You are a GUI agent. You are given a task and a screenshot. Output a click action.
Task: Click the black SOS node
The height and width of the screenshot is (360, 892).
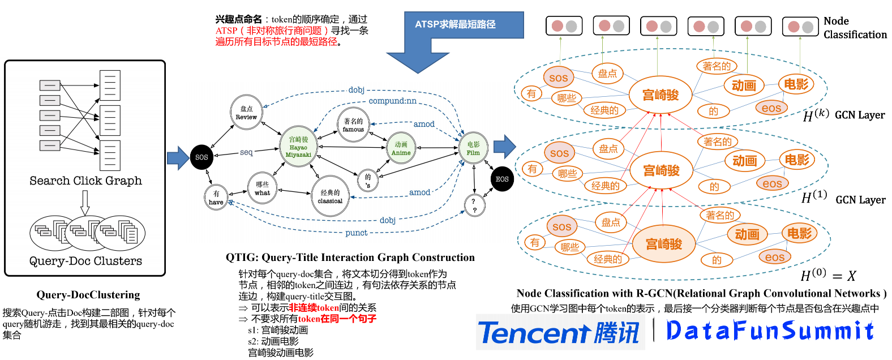201,157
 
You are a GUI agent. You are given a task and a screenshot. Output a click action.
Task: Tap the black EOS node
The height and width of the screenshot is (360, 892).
502,179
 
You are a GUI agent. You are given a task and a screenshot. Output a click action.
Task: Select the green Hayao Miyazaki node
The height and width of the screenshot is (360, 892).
298,147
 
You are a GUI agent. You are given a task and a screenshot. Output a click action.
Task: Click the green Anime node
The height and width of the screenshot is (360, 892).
401,148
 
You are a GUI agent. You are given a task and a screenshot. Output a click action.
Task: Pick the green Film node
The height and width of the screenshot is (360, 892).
473,148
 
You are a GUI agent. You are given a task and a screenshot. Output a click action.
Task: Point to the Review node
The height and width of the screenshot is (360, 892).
246,112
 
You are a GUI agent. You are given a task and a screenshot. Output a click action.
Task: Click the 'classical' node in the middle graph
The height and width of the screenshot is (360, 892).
330,196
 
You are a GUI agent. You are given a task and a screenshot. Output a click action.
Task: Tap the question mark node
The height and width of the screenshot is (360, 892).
474,205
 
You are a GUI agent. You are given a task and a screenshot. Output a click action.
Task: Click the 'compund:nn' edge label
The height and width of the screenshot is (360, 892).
392,101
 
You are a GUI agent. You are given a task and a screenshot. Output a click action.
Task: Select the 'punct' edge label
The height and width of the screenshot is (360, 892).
356,233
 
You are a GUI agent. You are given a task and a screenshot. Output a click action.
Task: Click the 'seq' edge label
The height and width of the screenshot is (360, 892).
246,152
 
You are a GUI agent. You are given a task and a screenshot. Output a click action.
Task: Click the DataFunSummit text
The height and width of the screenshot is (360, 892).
770,331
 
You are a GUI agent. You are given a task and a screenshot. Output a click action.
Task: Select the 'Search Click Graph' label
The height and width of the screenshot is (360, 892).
85,181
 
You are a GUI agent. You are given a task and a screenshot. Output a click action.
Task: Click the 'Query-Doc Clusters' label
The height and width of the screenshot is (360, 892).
85,261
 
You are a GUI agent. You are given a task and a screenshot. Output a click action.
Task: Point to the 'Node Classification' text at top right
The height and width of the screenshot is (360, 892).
854,28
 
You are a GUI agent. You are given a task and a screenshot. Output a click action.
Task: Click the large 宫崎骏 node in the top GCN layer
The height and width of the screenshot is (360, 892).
660,95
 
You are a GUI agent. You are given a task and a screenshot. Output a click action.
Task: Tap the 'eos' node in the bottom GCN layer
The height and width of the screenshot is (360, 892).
774,257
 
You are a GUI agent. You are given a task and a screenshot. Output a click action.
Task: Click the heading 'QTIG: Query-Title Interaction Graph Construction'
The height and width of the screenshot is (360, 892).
350,258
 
